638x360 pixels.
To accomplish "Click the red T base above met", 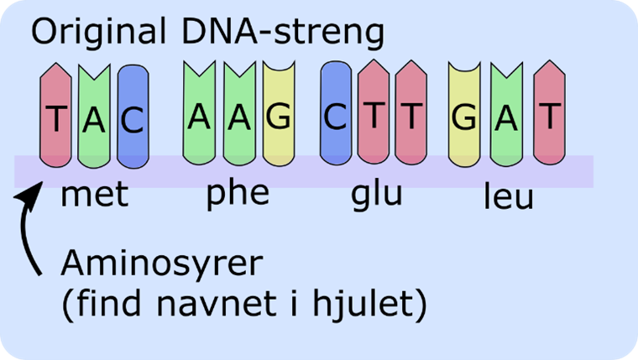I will coord(55,117).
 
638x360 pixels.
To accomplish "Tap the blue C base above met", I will coord(133,117).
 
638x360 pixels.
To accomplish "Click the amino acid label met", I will coord(94,195).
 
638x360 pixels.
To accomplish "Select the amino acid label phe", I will coord(238,193).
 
